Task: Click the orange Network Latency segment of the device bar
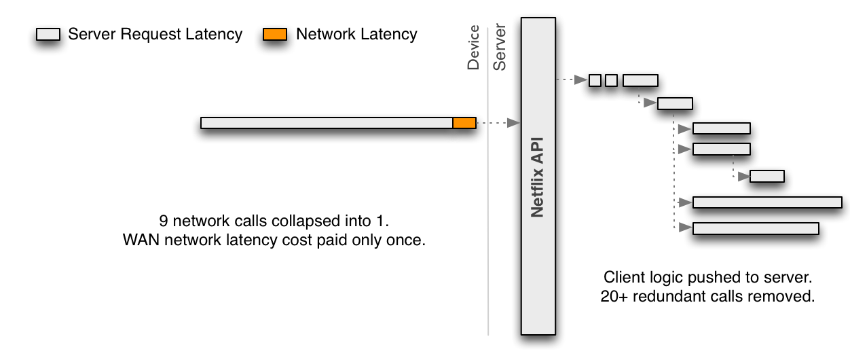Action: [464, 123]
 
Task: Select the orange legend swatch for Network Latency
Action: [275, 35]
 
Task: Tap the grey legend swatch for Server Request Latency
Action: [48, 35]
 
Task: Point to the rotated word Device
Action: [474, 48]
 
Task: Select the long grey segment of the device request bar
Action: [327, 123]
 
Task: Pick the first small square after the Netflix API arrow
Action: [595, 80]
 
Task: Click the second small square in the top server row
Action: [611, 80]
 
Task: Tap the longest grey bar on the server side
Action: [767, 202]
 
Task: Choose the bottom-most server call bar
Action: [756, 228]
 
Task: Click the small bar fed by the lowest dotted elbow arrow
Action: [767, 177]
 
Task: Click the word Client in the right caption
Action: [621, 278]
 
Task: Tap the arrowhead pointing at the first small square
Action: [582, 80]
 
